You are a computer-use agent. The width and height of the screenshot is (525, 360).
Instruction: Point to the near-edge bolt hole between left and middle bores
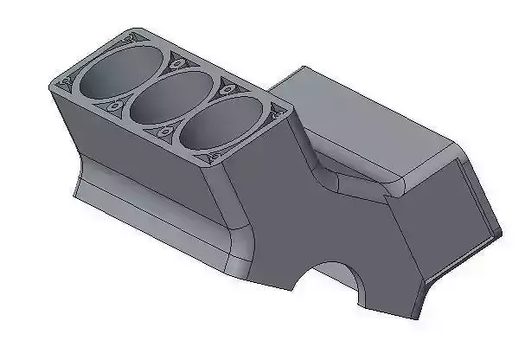click(x=115, y=106)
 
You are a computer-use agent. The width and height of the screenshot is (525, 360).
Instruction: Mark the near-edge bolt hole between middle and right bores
click(x=163, y=134)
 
